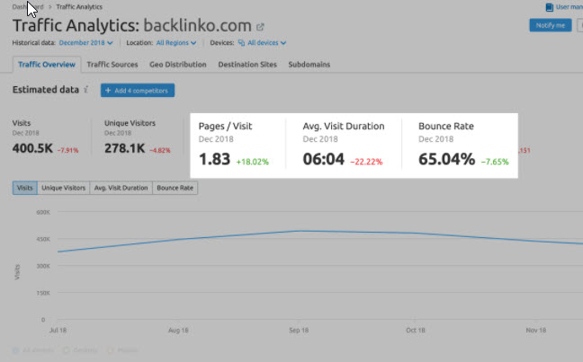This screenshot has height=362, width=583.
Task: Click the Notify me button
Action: click(550, 25)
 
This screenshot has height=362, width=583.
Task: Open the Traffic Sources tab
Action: click(112, 65)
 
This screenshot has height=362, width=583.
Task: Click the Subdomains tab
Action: click(309, 65)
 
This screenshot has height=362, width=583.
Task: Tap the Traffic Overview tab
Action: click(47, 65)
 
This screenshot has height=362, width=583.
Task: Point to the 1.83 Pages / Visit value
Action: click(214, 160)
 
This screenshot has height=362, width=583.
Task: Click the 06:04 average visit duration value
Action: click(323, 160)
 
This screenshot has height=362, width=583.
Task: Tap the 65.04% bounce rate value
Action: click(446, 160)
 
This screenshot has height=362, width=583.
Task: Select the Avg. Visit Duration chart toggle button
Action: click(121, 188)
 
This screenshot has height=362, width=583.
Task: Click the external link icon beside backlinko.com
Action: click(260, 27)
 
